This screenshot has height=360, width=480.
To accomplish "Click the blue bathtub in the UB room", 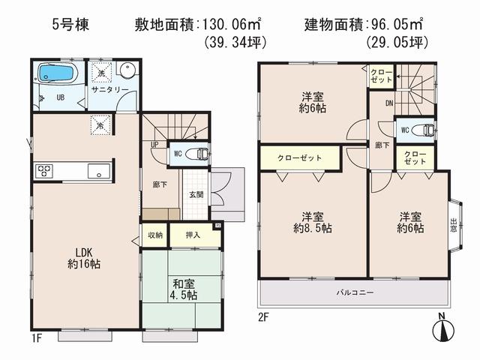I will (57, 75).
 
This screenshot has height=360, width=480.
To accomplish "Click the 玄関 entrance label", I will (196, 195).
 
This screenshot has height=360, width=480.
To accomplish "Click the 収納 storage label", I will (155, 235).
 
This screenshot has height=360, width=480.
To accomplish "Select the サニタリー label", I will (111, 89).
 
